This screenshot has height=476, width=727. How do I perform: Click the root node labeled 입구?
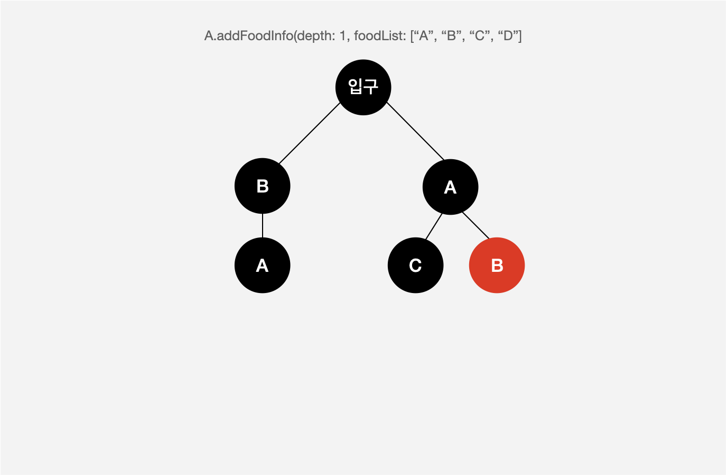coord(363,87)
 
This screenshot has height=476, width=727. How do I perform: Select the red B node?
coord(497,265)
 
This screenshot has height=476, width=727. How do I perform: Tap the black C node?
coord(415,265)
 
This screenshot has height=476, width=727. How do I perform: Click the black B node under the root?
coord(263,186)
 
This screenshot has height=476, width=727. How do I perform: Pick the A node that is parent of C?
coord(450,187)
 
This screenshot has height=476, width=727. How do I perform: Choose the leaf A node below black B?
coord(263,265)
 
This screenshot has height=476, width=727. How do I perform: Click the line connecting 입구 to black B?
coord(310,133)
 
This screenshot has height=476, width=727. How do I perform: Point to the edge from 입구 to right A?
coord(415,131)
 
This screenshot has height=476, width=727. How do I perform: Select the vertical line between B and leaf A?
coord(263,226)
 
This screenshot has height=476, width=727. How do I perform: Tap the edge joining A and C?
coord(434,226)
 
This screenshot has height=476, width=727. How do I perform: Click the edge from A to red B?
coord(476,225)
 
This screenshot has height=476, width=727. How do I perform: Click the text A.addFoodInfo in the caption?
coord(249,36)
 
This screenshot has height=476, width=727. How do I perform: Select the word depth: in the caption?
coord(316,36)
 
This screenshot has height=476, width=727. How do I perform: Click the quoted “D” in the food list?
coord(509,36)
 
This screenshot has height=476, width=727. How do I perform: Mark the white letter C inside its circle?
coord(415,265)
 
